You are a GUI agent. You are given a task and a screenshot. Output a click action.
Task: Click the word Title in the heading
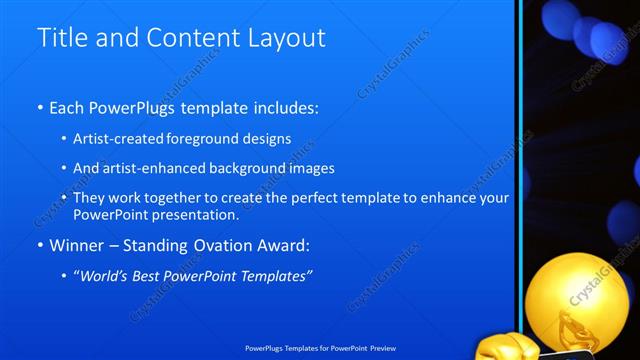[60, 39]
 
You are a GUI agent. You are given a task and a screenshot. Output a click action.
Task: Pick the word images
[310, 168]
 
